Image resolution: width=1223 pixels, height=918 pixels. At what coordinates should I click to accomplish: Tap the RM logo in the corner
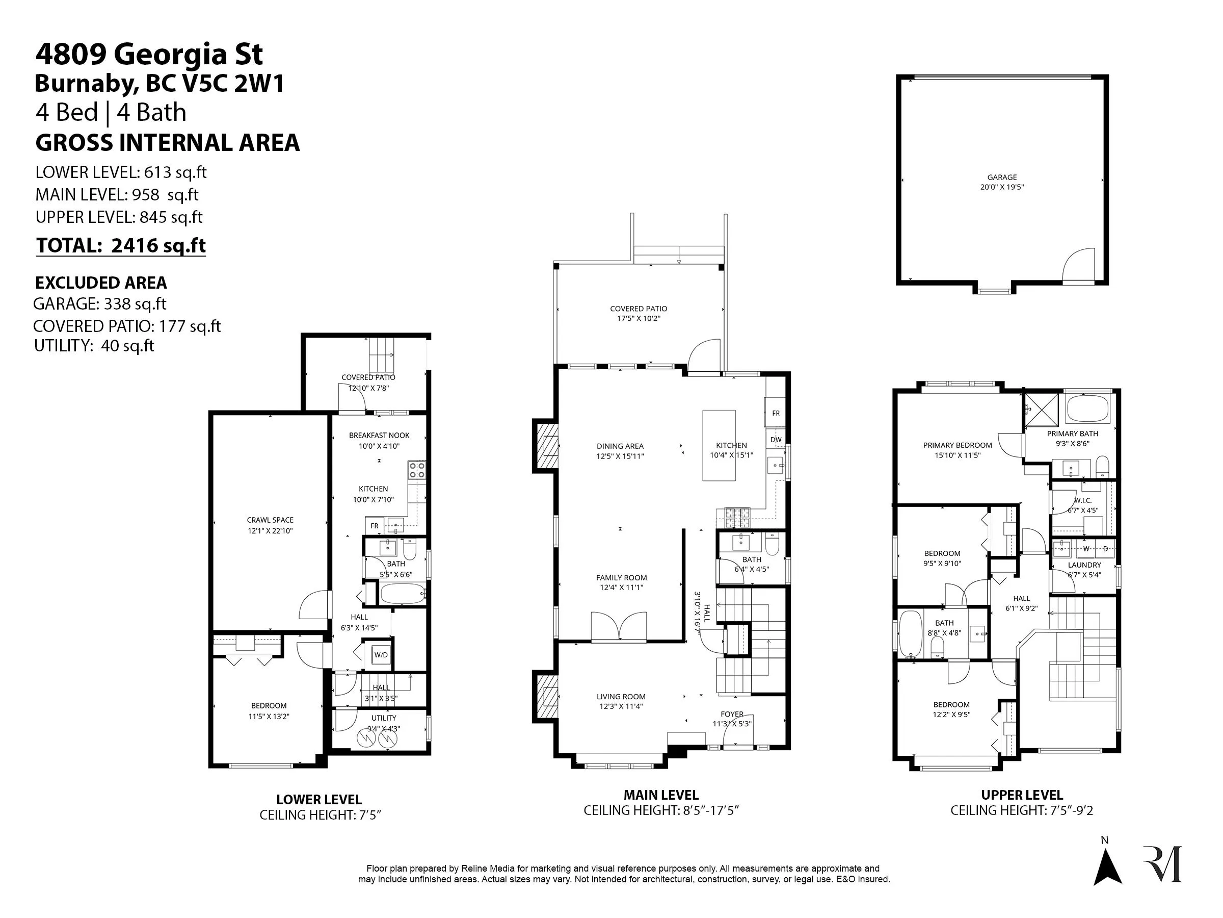point(1163,863)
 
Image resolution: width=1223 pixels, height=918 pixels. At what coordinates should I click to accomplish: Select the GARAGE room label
point(1002,177)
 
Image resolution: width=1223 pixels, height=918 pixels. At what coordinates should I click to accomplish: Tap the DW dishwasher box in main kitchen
point(776,440)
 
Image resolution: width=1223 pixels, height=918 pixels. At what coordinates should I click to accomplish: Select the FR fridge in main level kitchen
point(775,413)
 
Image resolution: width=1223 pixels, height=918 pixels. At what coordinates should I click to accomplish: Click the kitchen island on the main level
point(719,445)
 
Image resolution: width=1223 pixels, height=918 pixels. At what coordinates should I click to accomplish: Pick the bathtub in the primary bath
point(1088,410)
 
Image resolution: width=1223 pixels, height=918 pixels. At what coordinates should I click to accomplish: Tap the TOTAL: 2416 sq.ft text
point(121,245)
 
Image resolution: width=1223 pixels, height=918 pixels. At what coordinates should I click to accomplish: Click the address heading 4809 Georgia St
point(149,54)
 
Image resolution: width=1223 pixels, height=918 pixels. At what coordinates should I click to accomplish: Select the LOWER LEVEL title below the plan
point(319,799)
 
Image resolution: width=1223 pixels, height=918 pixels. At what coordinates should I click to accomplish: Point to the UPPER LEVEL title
point(1022,795)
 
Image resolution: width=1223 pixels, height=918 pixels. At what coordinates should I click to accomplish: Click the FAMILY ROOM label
point(622,578)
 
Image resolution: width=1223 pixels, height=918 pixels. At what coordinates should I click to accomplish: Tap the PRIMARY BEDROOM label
point(958,445)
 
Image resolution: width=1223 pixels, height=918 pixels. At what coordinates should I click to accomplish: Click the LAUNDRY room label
point(1084,565)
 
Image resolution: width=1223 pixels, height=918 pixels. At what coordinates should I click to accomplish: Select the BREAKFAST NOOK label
point(379,436)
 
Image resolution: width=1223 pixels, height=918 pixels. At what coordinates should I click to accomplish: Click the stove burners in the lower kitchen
point(416,470)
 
